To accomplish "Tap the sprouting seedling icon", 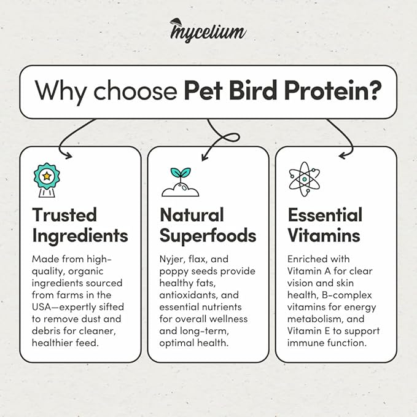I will point(180,182).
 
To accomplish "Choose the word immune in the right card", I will point(308,343).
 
